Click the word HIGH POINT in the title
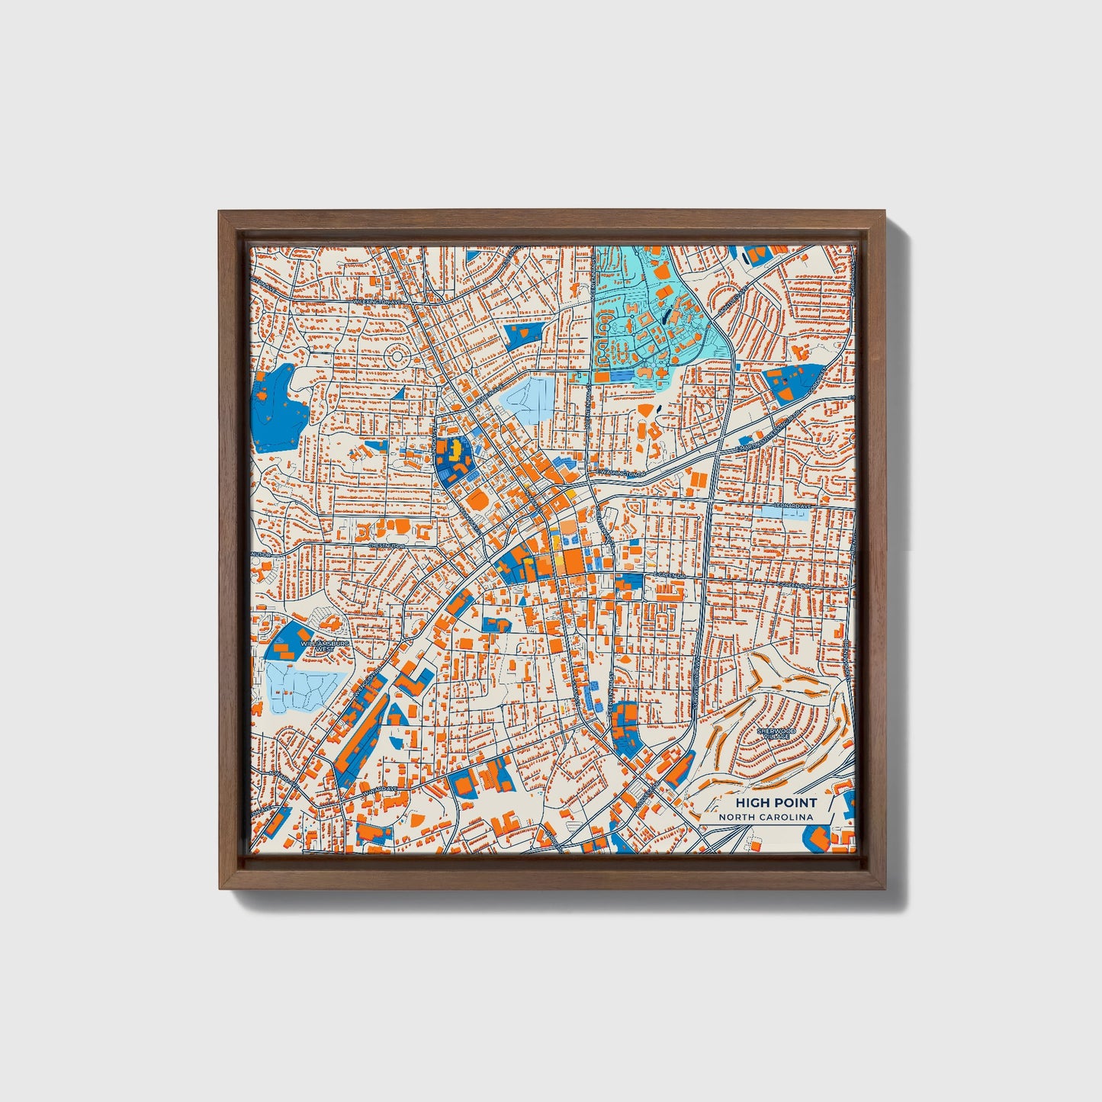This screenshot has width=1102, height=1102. [776, 802]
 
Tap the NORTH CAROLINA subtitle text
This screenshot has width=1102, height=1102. [765, 817]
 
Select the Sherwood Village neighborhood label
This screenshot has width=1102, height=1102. [776, 734]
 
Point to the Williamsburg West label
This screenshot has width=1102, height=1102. [326, 646]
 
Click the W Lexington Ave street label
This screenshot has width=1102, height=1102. [376, 301]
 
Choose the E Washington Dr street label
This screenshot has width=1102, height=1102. [622, 473]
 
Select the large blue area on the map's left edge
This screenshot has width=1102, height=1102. [278, 409]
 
